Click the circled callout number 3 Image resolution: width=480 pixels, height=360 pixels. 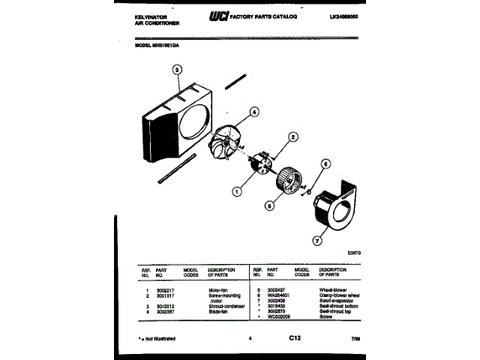click(x=177, y=72)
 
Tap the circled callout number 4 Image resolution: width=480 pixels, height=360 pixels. click(x=253, y=112)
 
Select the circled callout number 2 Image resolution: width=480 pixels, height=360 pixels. click(x=293, y=137)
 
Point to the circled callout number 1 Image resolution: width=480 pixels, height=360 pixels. click(x=237, y=191)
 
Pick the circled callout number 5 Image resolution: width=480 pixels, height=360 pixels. click(x=268, y=204)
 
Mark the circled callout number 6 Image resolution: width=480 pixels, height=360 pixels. click(x=325, y=163)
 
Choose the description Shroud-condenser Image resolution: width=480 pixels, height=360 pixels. click(x=226, y=305)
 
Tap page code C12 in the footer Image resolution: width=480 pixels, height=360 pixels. click(x=295, y=338)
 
